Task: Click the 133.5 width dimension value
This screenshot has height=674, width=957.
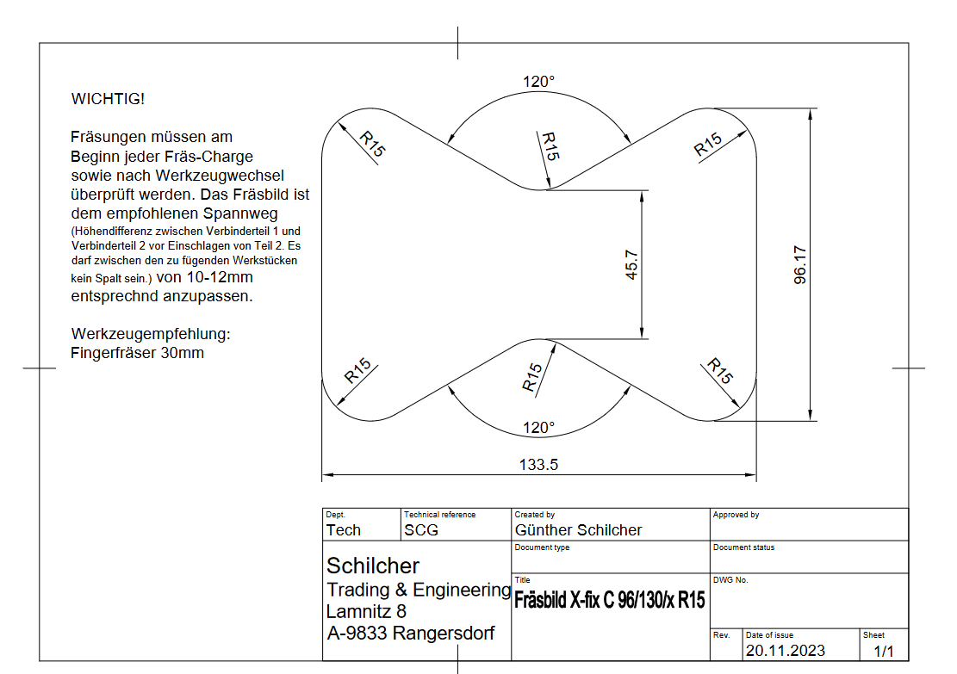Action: coord(539,465)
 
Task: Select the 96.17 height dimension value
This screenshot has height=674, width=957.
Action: coord(800,265)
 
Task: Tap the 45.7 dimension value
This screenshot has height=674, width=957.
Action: coord(631,265)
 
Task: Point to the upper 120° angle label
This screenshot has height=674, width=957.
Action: coord(539,82)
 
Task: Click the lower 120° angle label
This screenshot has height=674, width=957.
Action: coord(539,428)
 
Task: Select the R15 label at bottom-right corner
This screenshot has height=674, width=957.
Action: coord(720,371)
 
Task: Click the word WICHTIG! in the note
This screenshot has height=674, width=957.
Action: coord(108,99)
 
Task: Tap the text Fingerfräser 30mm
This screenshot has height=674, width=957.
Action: coord(138,353)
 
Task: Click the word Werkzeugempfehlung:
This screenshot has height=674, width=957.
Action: coord(152,334)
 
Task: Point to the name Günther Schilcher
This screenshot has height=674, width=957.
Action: coord(578,530)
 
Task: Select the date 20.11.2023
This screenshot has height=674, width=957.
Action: coord(786,651)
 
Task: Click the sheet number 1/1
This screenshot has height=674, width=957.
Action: coord(885,651)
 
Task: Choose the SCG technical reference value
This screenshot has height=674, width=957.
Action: coord(421,530)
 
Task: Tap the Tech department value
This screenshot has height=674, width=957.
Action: coord(344,530)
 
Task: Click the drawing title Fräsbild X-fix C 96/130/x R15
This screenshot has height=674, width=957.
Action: coord(609,601)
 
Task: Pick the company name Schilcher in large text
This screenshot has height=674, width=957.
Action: coord(373,566)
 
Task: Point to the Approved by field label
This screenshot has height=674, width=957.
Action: coord(736,515)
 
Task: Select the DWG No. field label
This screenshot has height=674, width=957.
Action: coord(730,580)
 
